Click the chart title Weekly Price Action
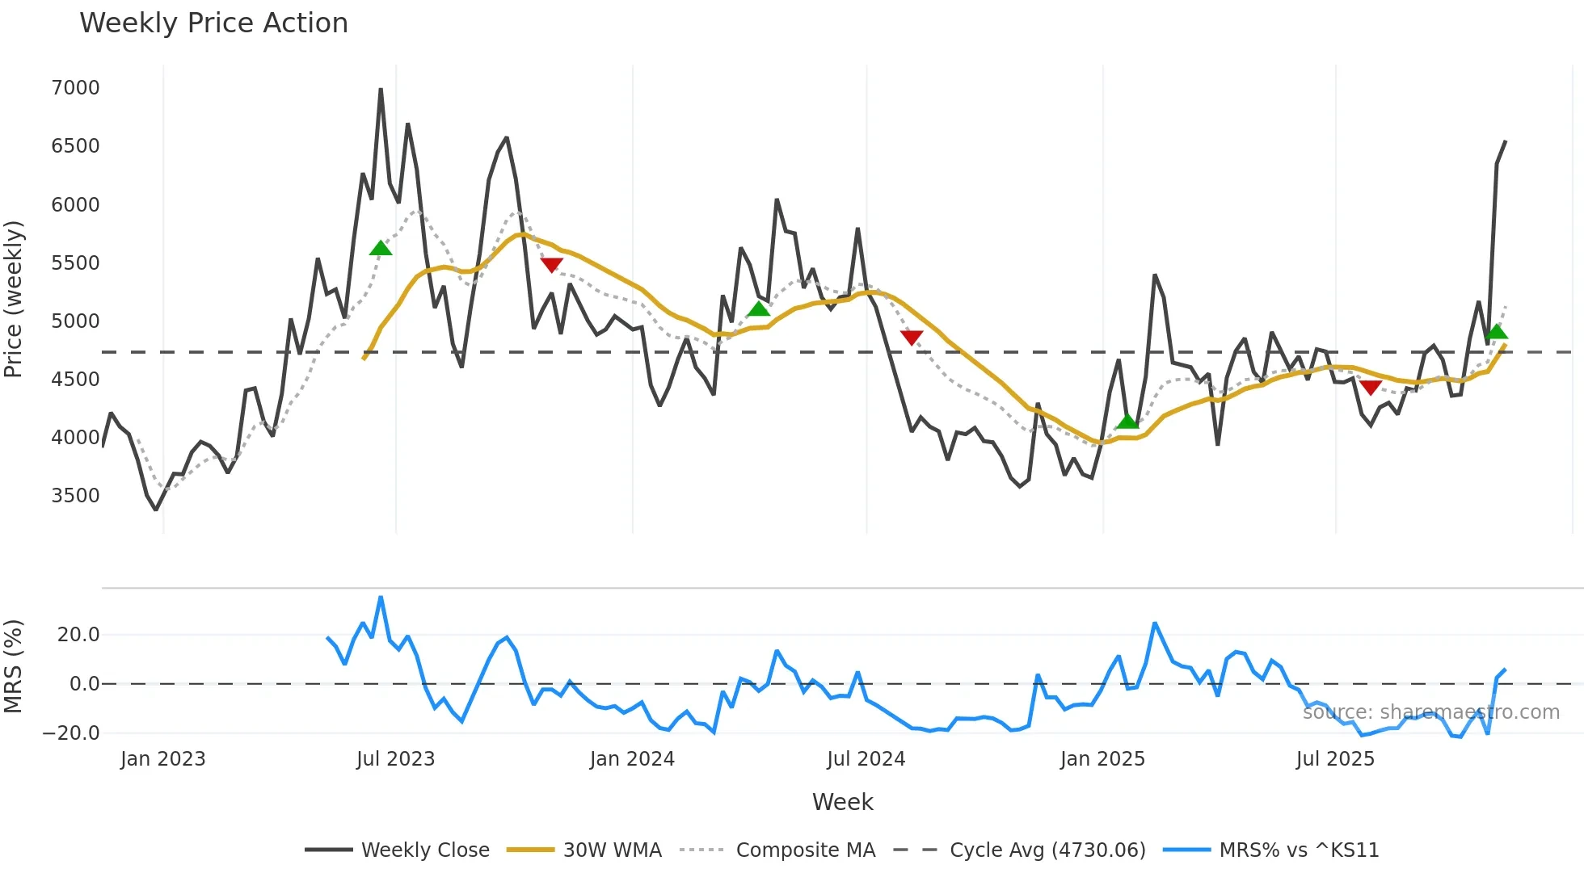coord(213,23)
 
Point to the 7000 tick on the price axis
coord(75,87)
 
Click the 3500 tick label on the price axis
coord(75,495)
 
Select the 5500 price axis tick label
coord(75,262)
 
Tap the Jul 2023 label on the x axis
coord(395,759)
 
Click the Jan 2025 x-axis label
coord(1102,759)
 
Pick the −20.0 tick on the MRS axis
coord(71,733)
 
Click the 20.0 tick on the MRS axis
coord(78,635)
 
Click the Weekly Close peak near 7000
coord(381,90)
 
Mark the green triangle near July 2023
coord(381,248)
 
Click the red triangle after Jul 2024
coord(912,337)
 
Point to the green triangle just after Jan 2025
coord(1127,422)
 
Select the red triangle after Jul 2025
coord(1371,387)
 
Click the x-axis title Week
coord(842,802)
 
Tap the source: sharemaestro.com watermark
coord(1430,712)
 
